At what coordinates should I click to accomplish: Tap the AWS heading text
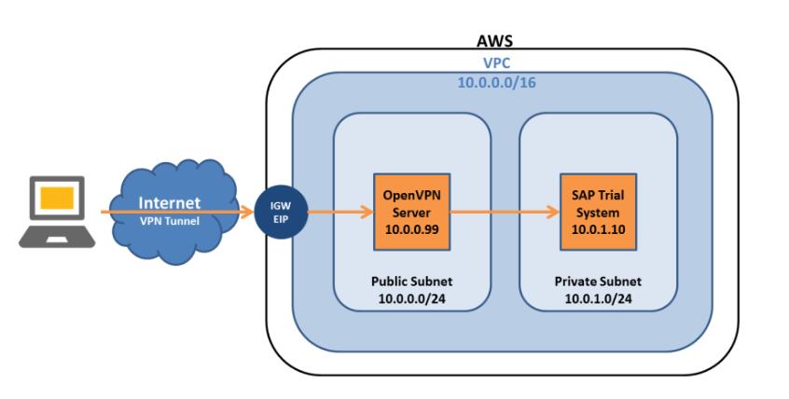point(493,41)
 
